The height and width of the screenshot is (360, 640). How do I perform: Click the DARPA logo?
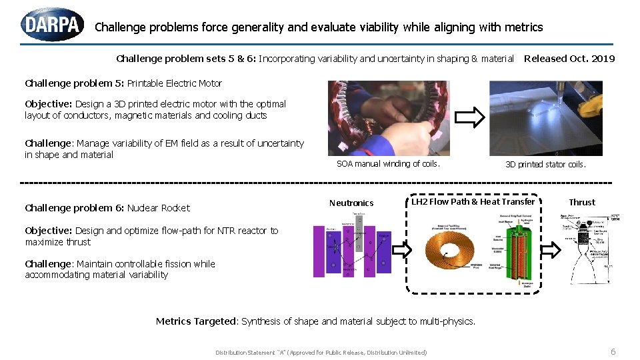(53, 25)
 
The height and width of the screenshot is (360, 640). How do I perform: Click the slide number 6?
(613, 351)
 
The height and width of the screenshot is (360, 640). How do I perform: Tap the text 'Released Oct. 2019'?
(569, 59)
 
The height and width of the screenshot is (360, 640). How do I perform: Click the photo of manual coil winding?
(388, 118)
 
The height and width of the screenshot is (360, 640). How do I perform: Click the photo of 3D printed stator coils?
(545, 118)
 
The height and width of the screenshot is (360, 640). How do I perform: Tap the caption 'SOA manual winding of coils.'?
(388, 164)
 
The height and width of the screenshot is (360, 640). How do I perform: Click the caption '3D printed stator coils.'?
(545, 165)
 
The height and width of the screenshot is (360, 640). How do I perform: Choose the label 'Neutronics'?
(351, 203)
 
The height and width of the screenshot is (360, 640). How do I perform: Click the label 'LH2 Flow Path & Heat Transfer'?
(473, 202)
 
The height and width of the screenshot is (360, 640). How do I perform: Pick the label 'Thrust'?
(582, 202)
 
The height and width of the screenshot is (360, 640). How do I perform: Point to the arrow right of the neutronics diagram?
(401, 250)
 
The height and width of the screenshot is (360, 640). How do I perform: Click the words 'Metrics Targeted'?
(195, 321)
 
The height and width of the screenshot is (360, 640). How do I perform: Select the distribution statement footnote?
(321, 352)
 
